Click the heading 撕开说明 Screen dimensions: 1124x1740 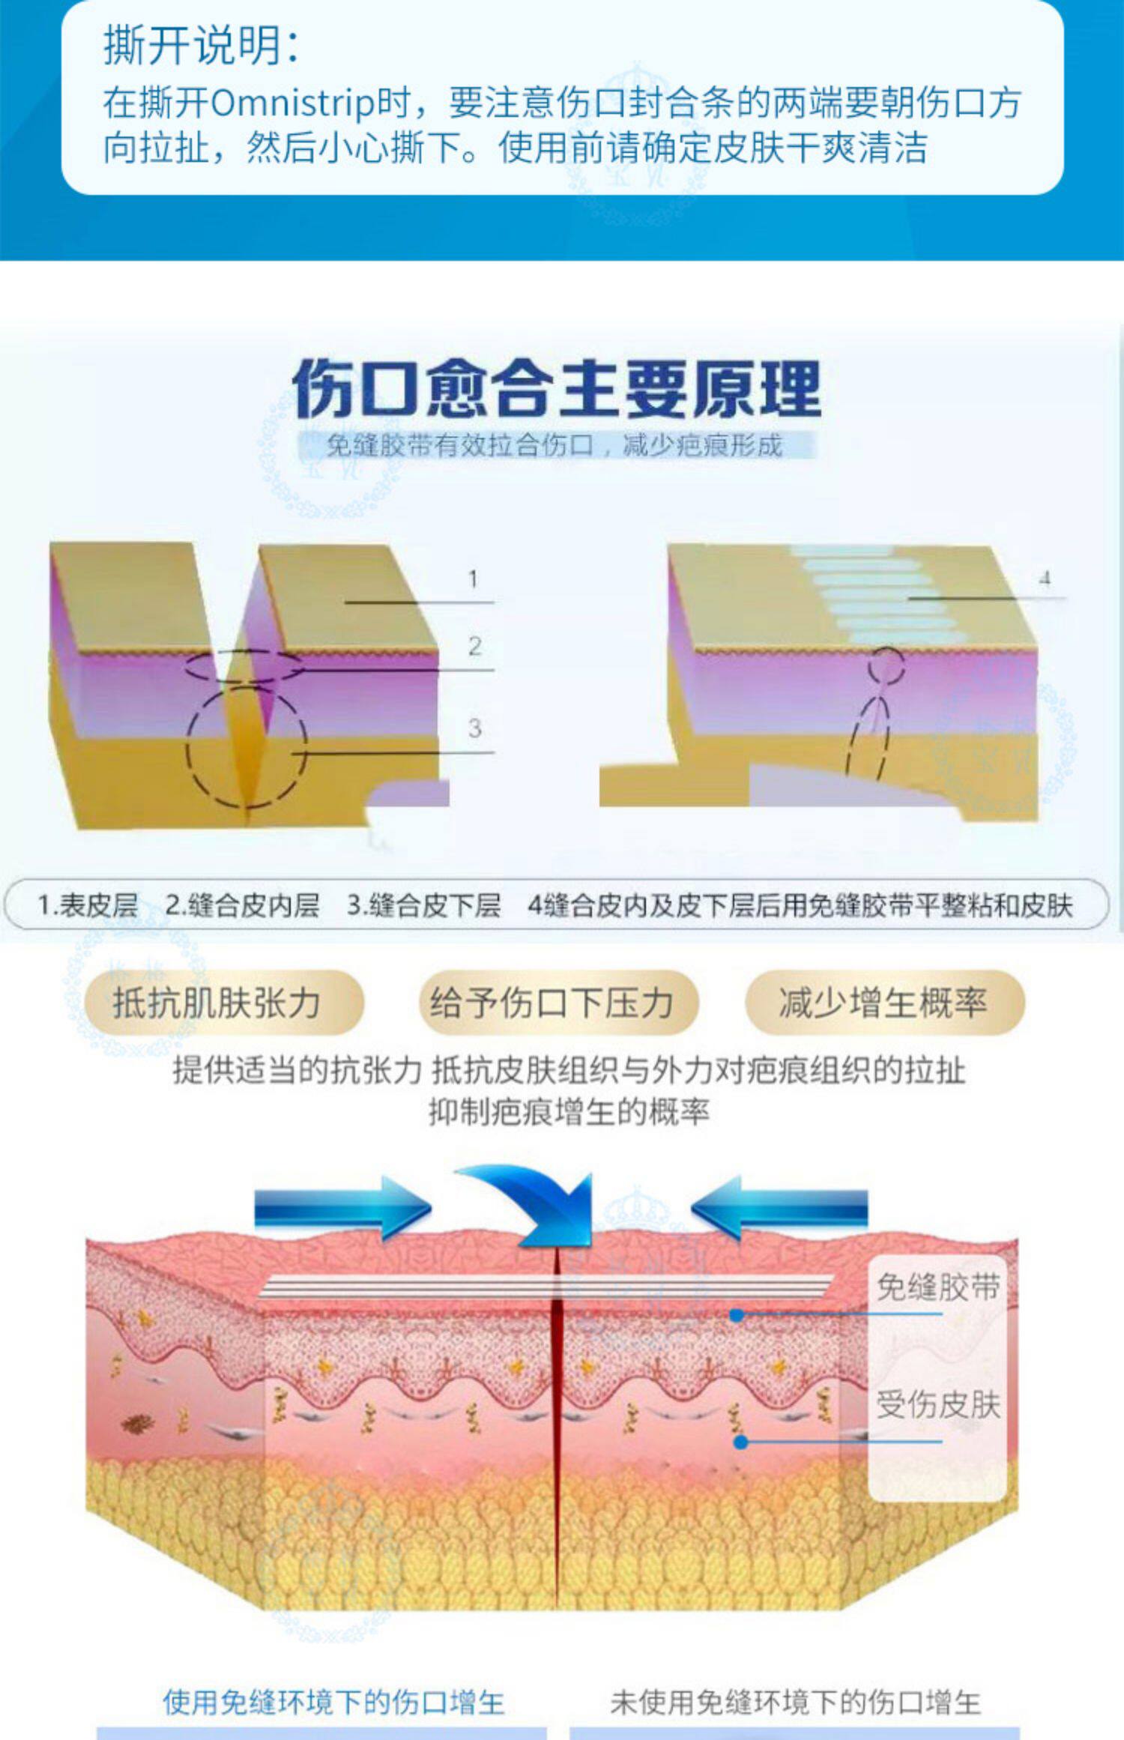pyautogui.click(x=201, y=45)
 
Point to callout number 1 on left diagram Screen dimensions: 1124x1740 pyautogui.click(x=473, y=579)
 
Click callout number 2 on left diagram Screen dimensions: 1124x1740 pyautogui.click(x=474, y=646)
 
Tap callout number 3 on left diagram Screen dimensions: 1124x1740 pyautogui.click(x=474, y=728)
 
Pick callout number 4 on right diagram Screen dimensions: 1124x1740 pyautogui.click(x=1045, y=578)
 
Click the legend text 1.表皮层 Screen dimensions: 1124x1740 pyautogui.click(x=88, y=905)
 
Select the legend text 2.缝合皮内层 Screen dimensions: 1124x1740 pyautogui.click(x=241, y=905)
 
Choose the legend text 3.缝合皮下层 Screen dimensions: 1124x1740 pyautogui.click(x=423, y=905)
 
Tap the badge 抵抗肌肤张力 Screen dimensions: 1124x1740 pyautogui.click(x=217, y=1003)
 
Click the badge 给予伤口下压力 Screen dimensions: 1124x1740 pyautogui.click(x=552, y=1003)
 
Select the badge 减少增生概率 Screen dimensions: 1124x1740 pyautogui.click(x=883, y=1003)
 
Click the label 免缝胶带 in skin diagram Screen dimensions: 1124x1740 pyautogui.click(x=937, y=1287)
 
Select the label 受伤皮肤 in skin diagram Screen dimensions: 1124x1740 pyautogui.click(x=937, y=1405)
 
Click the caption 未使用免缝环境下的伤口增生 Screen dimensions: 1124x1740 pyautogui.click(x=795, y=1703)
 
